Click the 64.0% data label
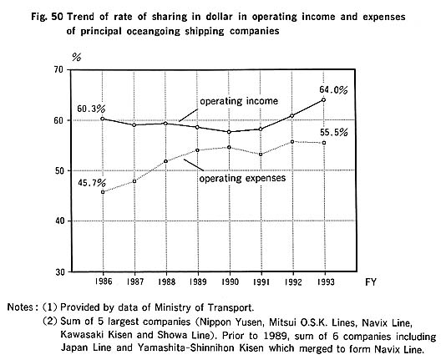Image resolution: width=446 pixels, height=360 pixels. (333, 90)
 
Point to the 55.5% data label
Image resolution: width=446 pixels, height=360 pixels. (333, 133)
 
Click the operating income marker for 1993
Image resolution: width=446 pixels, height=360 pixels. (324, 99)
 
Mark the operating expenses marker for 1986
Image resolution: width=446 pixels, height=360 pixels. (103, 192)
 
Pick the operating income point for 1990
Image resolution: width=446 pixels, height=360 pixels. (229, 132)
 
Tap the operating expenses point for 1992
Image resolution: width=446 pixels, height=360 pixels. (292, 142)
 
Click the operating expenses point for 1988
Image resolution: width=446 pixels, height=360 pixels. (166, 161)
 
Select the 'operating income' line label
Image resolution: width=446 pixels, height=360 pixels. (239, 101)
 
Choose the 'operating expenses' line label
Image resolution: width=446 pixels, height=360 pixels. (242, 178)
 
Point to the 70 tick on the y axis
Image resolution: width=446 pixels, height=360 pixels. (60, 70)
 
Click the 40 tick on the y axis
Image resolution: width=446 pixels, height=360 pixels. (60, 221)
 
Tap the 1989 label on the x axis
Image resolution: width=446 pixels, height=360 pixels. (198, 281)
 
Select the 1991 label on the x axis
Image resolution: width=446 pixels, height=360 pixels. (261, 281)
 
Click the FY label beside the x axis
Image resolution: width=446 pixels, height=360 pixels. (371, 282)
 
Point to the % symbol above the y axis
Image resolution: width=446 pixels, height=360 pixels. (77, 58)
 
